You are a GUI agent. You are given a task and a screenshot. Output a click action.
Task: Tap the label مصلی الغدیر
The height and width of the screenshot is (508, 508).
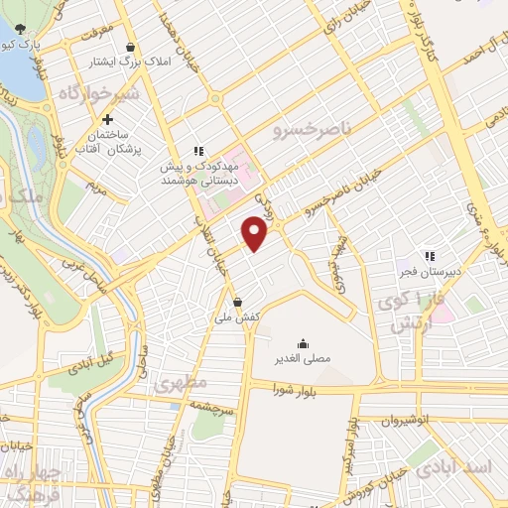[302, 357]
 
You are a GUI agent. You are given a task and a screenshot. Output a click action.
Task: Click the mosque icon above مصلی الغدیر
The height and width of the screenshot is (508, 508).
[302, 342]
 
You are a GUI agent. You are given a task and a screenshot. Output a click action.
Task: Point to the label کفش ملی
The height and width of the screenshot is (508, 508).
[236, 316]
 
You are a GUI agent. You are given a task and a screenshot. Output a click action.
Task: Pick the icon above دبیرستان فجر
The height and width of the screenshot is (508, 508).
[430, 256]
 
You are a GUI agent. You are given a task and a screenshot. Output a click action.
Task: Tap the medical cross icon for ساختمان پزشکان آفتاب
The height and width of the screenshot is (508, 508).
[120, 119]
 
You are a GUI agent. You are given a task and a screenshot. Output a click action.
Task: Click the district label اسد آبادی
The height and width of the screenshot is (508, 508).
[467, 467]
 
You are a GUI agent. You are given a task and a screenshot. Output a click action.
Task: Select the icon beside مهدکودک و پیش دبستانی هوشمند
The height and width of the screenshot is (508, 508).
[198, 151]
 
